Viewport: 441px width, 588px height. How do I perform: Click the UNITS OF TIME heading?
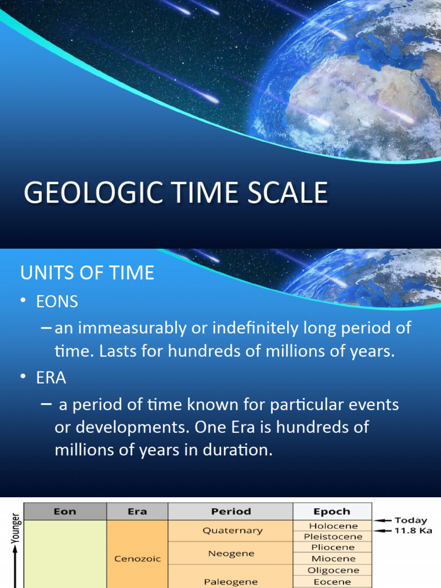coord(87,273)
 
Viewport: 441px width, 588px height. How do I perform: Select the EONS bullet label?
coord(57,301)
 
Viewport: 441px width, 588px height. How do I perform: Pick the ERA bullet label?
coord(51,378)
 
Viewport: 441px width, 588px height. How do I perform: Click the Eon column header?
coord(64,512)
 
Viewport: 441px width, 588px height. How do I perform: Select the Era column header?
coord(137,512)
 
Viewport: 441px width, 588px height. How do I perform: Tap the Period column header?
coord(231,512)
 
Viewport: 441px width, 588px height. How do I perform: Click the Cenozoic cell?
coord(137,558)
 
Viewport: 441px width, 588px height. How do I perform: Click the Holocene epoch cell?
coord(334,526)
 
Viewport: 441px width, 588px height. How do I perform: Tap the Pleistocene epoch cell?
coord(334,537)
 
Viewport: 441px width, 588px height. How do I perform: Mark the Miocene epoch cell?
coord(334,559)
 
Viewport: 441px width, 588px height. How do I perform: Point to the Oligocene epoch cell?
coord(334,570)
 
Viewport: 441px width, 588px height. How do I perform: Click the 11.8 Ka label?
coord(411,531)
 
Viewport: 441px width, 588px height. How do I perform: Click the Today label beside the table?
coord(411,520)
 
